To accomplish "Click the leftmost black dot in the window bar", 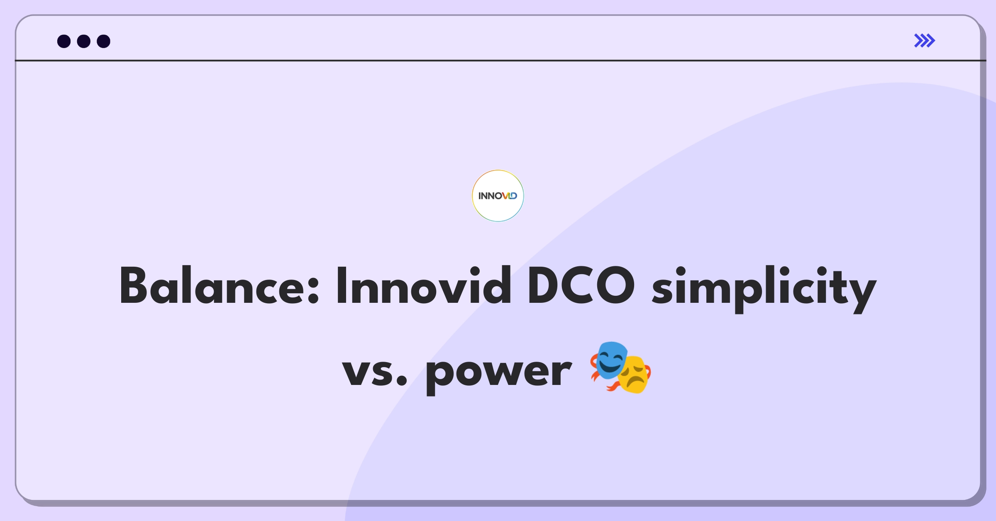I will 64,41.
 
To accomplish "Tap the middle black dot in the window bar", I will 84,41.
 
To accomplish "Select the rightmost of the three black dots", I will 104,41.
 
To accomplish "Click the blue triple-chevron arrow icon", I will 924,41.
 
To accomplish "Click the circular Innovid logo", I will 498,196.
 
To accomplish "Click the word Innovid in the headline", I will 423,286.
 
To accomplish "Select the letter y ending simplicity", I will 863,292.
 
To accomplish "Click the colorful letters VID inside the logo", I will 510,196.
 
